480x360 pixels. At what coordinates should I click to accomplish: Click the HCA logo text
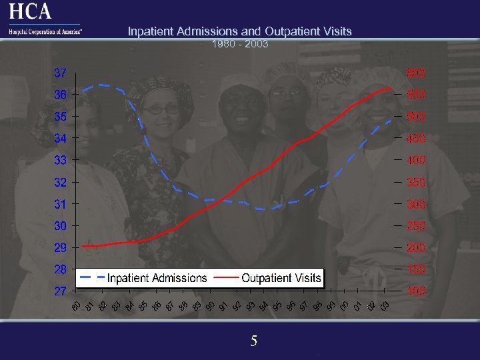pos(30,12)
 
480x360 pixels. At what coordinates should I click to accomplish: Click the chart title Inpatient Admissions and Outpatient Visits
pos(239,31)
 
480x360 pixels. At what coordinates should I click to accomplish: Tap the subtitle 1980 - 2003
pos(240,44)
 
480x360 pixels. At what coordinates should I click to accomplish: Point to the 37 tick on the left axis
pos(60,72)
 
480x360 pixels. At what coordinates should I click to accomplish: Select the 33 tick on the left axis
pos(60,160)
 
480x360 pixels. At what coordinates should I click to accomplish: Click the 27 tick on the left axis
pos(60,291)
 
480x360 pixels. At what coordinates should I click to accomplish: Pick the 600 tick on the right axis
pos(417,72)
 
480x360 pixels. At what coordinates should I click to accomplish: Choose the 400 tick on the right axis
pos(417,161)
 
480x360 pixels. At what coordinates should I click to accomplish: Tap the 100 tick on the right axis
pos(417,291)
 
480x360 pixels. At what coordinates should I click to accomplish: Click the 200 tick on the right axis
pos(417,248)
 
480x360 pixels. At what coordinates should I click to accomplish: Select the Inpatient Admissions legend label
pos(157,278)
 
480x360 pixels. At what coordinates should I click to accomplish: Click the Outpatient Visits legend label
pos(281,278)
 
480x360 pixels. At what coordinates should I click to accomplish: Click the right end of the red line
pos(391,89)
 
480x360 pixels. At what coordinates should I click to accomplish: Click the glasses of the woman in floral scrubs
pos(161,109)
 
